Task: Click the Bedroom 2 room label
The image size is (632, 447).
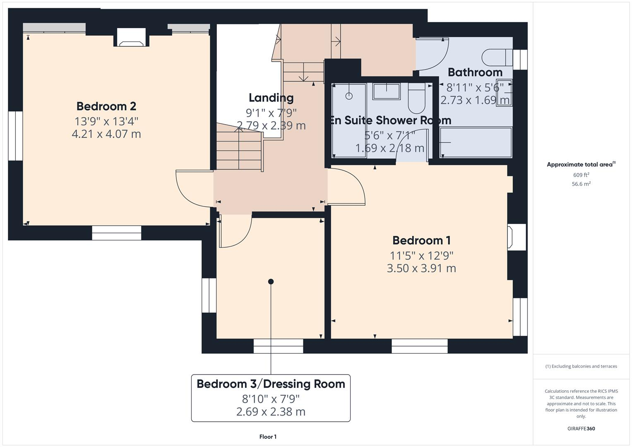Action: [106, 106]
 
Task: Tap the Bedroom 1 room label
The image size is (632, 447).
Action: [421, 240]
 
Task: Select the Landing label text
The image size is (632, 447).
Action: [271, 98]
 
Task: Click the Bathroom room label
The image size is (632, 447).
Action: [475, 72]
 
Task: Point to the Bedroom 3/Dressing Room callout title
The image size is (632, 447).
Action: [271, 384]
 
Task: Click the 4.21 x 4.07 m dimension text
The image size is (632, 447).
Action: [106, 134]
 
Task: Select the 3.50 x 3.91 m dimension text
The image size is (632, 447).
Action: [421, 268]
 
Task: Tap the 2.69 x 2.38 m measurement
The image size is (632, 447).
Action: [271, 412]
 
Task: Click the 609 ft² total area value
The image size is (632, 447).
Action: [581, 175]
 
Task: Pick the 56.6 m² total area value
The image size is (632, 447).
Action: [581, 184]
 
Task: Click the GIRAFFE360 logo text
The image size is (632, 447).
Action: [581, 429]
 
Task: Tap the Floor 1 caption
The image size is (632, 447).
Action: [268, 437]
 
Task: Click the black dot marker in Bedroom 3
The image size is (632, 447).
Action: [271, 281]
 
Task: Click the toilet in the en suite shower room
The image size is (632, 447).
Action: [416, 99]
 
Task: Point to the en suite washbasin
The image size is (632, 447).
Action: [386, 91]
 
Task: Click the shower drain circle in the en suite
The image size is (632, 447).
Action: [349, 96]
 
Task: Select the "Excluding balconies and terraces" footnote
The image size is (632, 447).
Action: [581, 366]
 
